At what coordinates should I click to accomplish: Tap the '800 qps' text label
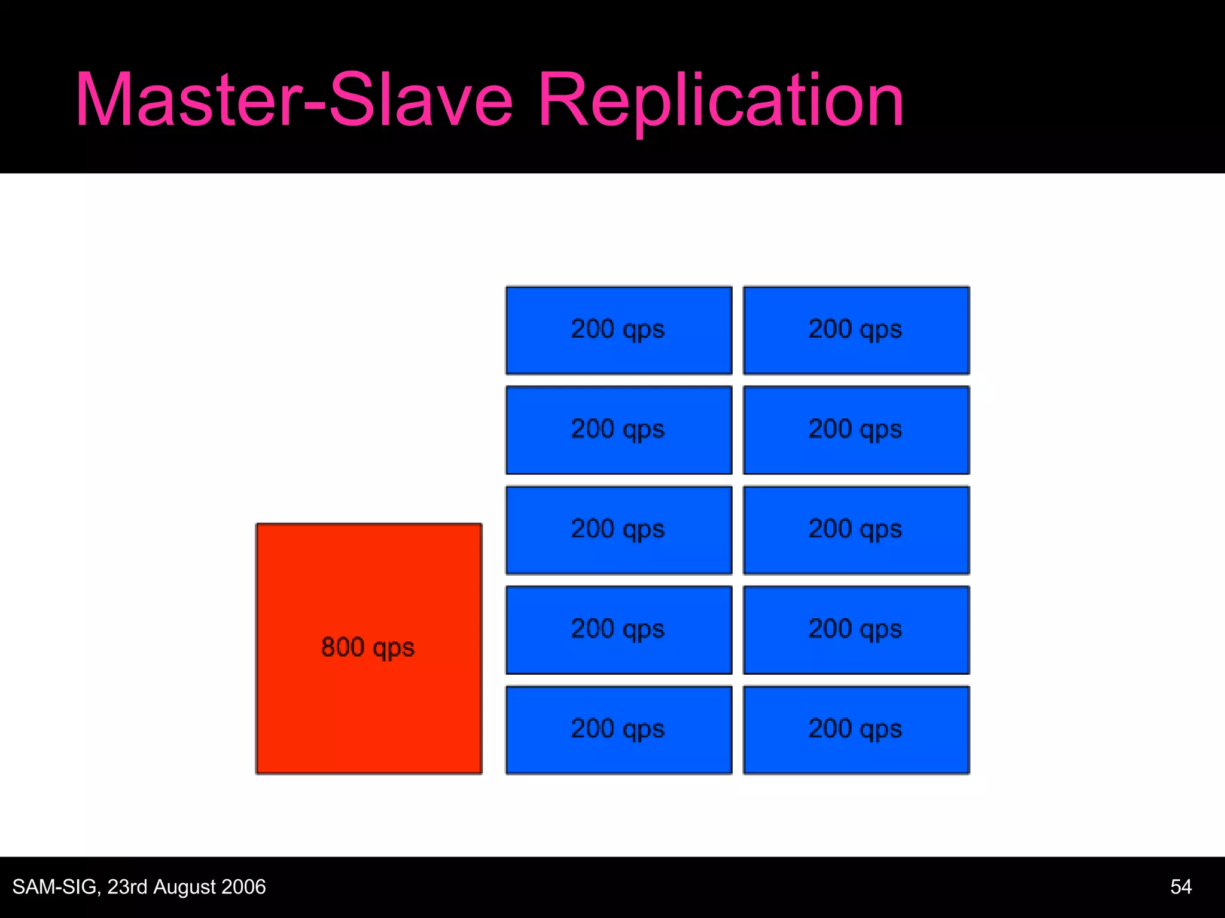point(368,648)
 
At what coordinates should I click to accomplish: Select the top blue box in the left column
point(618,330)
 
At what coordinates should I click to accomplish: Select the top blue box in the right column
point(856,330)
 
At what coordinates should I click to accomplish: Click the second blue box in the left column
point(618,430)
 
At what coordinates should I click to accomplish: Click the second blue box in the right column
point(856,430)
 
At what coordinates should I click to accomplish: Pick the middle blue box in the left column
point(618,530)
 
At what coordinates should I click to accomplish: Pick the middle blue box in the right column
point(856,530)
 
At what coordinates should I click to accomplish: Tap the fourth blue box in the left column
point(618,629)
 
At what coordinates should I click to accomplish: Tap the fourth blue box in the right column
point(856,629)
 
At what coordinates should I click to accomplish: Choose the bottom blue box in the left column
point(618,729)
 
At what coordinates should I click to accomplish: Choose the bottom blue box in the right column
point(856,729)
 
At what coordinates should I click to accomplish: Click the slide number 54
point(1181,886)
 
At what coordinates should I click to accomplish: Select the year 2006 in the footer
point(242,886)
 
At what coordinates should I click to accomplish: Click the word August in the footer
point(182,887)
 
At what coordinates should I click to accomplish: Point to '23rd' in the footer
point(127,886)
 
